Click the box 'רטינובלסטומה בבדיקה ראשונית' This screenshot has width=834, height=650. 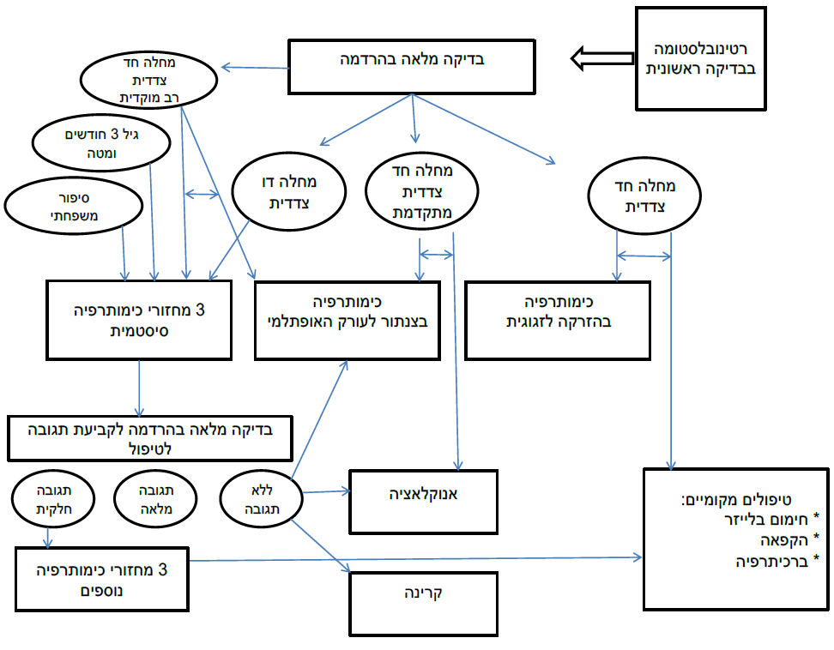700,58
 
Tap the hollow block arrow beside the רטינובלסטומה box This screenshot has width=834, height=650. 601,59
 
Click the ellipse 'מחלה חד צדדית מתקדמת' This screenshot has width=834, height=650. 421,195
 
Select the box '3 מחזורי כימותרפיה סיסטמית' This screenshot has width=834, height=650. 138,319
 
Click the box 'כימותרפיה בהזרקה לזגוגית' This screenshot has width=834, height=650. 559,319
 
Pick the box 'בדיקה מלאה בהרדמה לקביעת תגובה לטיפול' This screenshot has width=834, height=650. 150,438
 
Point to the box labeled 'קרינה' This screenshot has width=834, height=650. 423,603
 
